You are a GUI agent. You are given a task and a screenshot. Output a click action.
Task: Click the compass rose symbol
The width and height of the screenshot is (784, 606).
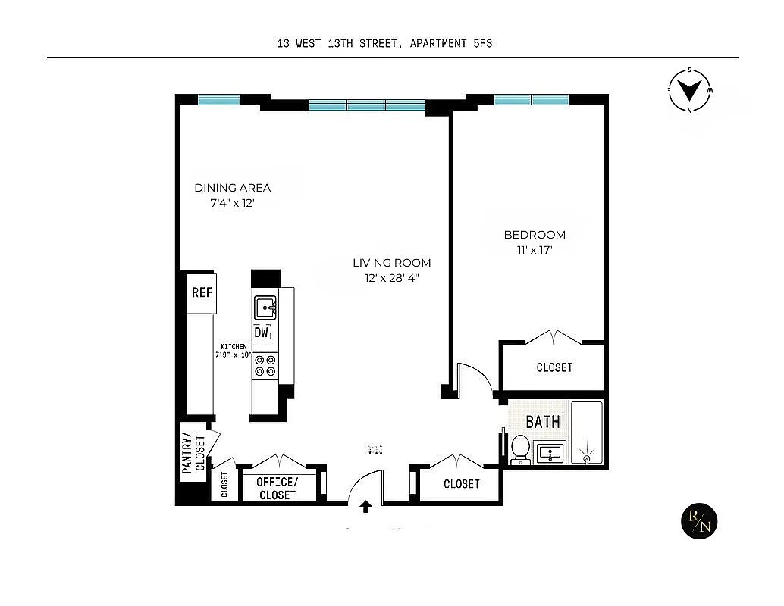click(689, 90)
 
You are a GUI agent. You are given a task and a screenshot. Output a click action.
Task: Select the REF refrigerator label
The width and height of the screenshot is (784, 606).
click(202, 292)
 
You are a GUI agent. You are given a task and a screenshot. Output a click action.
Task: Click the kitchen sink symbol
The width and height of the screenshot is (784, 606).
click(265, 308)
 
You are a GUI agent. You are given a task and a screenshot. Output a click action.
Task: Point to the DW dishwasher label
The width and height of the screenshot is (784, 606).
click(262, 333)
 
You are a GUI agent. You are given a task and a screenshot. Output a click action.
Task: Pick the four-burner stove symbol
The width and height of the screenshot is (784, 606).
click(265, 366)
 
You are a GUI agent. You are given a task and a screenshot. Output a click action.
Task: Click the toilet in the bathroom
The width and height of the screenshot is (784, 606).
click(520, 448)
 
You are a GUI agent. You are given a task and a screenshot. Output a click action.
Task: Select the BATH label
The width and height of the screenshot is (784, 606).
click(543, 422)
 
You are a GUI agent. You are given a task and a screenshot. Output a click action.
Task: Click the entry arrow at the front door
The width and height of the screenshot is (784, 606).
click(366, 506)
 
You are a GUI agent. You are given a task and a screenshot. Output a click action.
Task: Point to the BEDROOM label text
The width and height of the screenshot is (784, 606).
click(535, 235)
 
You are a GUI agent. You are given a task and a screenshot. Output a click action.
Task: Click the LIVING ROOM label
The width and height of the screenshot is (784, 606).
click(391, 263)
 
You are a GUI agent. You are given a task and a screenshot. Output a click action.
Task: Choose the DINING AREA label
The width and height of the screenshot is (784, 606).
click(232, 188)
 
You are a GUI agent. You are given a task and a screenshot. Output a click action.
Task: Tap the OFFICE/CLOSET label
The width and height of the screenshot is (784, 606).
click(278, 489)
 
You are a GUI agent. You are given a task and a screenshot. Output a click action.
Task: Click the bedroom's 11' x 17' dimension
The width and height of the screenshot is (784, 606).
click(534, 250)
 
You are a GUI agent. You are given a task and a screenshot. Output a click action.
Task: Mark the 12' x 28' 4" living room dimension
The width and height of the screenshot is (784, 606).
click(391, 278)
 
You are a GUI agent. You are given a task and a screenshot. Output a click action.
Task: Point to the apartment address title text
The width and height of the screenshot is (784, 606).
click(384, 43)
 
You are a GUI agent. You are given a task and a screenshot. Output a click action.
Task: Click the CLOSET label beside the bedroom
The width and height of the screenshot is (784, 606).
click(554, 367)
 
